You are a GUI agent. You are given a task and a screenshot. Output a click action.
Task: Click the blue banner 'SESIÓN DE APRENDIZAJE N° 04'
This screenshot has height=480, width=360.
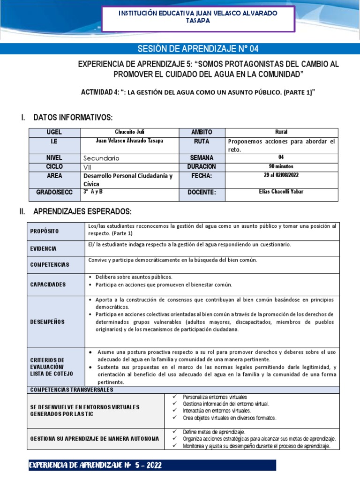(197, 49)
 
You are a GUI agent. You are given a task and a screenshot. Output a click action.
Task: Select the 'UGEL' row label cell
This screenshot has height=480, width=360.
(54, 132)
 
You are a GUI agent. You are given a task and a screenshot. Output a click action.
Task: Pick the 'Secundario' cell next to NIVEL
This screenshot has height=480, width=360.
(101, 158)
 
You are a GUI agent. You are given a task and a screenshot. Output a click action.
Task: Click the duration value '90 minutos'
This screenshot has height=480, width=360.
(281, 166)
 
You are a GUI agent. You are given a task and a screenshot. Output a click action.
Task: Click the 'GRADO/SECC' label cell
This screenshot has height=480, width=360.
(54, 192)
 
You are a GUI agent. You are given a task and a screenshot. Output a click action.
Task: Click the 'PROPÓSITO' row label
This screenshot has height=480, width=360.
(45, 232)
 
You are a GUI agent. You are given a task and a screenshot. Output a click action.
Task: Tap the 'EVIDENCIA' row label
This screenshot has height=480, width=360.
(43, 248)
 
